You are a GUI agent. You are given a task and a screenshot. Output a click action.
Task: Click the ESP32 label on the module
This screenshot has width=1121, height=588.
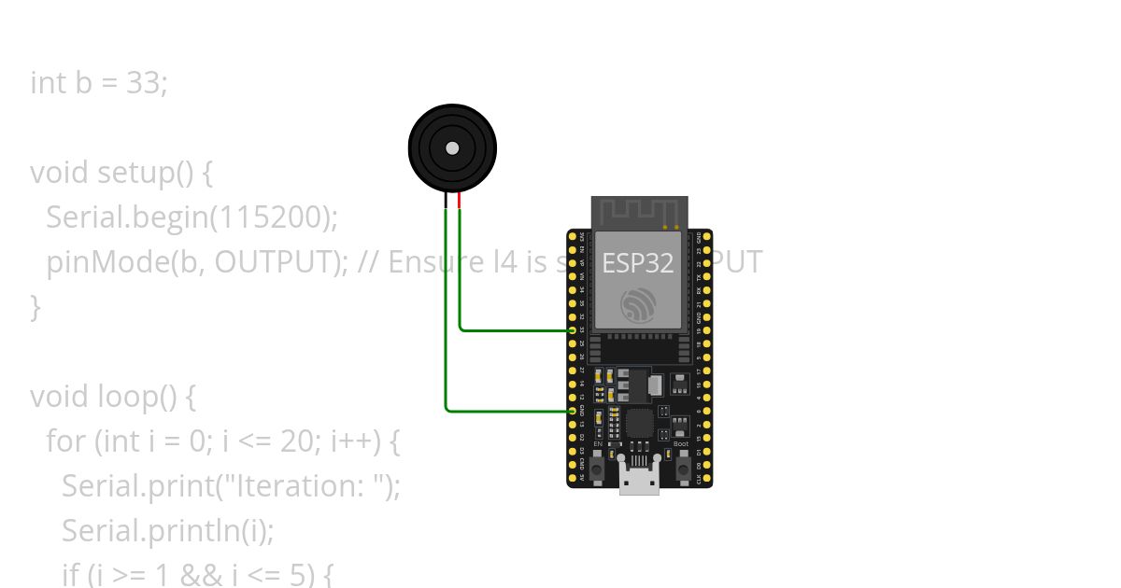click(x=638, y=263)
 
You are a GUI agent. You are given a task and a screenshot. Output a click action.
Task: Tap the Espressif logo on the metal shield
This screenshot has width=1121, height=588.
click(x=639, y=303)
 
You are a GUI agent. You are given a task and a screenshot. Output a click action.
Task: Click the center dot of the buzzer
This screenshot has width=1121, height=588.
click(x=452, y=147)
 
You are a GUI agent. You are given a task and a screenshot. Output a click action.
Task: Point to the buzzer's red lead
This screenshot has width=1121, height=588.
click(x=460, y=200)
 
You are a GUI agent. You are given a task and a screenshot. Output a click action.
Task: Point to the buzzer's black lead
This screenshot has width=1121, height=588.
click(x=446, y=200)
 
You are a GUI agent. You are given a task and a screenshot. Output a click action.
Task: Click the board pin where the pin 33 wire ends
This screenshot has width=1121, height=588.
click(x=573, y=329)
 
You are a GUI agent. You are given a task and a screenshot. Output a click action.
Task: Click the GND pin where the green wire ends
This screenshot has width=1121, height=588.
click(x=573, y=410)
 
